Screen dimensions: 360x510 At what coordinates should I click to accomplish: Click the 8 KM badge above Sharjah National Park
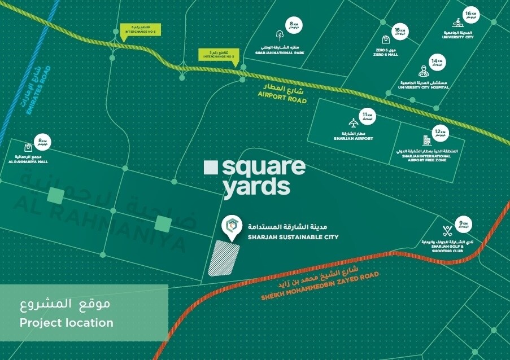click(293, 24)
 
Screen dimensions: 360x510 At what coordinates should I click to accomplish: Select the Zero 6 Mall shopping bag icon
click(386, 40)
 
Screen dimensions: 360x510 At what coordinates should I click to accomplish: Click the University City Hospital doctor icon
click(422, 72)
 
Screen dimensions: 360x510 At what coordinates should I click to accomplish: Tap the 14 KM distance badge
click(436, 62)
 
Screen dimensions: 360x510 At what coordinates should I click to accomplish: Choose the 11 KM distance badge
click(368, 116)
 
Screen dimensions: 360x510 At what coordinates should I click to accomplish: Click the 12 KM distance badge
click(439, 133)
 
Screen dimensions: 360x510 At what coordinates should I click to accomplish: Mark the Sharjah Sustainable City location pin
click(231, 226)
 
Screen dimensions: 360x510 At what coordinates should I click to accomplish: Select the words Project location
click(67, 323)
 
